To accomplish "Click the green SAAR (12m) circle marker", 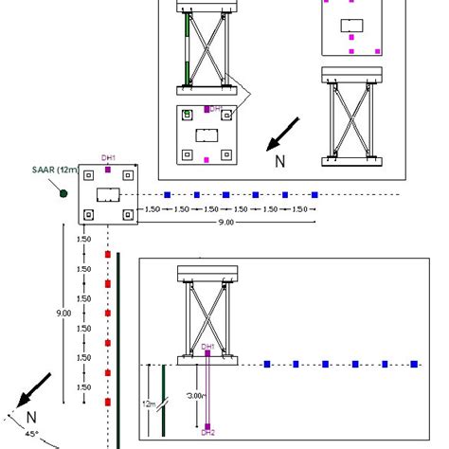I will click(x=63, y=193).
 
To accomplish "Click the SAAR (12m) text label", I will click(x=54, y=171).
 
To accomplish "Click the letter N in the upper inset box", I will click(x=279, y=161).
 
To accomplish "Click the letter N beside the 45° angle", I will click(x=30, y=416).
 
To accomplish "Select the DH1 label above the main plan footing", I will click(x=109, y=157).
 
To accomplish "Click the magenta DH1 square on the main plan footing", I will click(x=109, y=170).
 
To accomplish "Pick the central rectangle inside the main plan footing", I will click(x=109, y=194).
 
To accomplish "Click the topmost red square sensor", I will click(x=108, y=255).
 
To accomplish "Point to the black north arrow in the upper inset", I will click(x=283, y=134).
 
